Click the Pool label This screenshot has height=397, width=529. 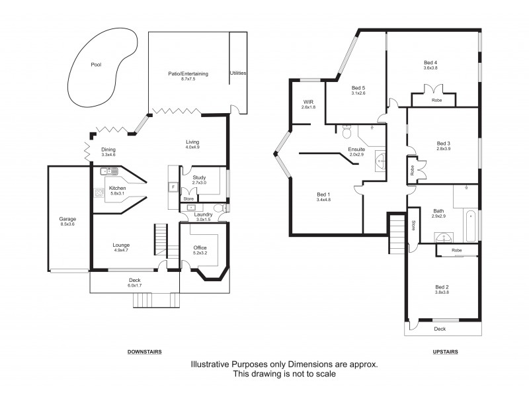click(x=97, y=65)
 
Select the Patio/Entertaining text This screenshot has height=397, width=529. click(x=189, y=74)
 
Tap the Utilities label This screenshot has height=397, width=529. click(x=238, y=73)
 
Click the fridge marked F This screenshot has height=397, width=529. click(x=173, y=187)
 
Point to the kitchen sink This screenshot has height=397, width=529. click(x=109, y=171)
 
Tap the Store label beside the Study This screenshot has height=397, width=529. click(x=188, y=198)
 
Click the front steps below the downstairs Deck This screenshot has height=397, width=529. click(x=155, y=300)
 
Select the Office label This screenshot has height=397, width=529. click(x=200, y=247)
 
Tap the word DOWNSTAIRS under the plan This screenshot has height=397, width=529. click(x=144, y=352)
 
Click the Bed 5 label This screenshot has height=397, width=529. click(x=358, y=88)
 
